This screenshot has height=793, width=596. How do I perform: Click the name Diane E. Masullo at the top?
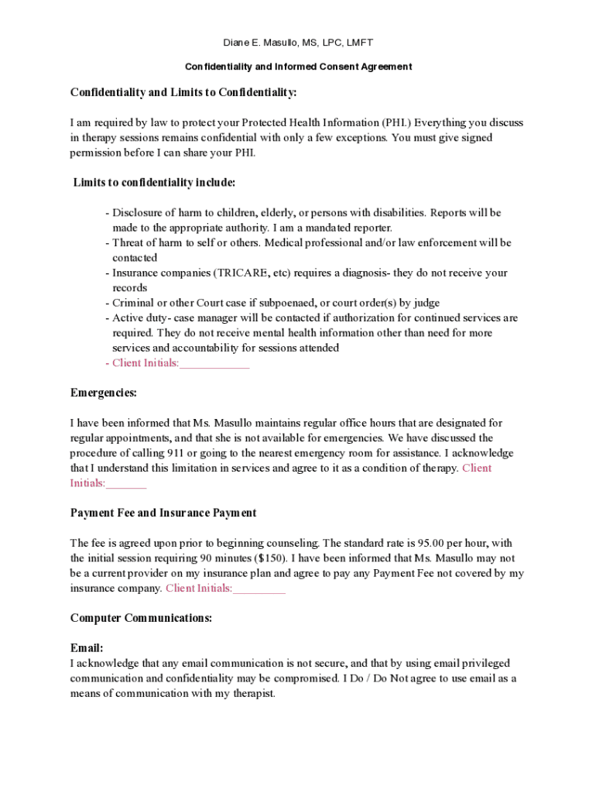[x=261, y=43]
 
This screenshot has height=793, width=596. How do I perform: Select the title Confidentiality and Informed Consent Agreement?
[x=298, y=67]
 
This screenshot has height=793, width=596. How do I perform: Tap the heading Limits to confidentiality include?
[x=154, y=183]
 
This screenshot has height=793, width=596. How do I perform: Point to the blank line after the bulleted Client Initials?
[x=214, y=364]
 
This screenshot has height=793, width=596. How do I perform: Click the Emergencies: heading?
[x=104, y=393]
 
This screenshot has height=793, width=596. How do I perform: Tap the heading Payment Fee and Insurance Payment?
[x=163, y=513]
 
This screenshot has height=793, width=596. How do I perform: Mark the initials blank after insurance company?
[x=259, y=589]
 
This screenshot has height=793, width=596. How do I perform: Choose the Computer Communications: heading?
[x=141, y=618]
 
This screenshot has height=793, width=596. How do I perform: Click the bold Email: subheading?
[x=87, y=647]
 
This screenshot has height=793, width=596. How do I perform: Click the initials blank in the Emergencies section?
[x=126, y=484]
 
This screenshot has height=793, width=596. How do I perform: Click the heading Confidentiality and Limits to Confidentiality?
[x=183, y=93]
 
